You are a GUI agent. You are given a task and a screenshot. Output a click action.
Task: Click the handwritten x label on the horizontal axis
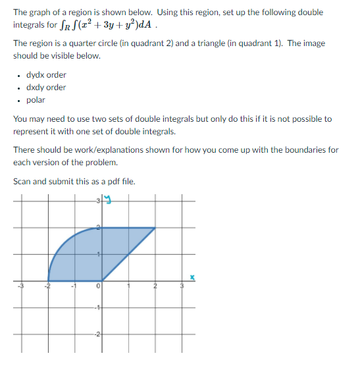point(193,278)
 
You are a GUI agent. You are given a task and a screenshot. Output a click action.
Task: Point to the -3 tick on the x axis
point(20,286)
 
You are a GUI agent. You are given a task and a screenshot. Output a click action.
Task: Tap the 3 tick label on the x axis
point(183,286)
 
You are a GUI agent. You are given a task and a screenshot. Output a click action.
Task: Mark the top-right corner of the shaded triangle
point(156,228)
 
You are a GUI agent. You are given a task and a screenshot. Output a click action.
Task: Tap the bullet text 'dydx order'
point(46,75)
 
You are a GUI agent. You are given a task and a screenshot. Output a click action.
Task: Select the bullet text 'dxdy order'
point(46,88)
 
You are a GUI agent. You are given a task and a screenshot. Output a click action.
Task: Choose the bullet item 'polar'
point(36,100)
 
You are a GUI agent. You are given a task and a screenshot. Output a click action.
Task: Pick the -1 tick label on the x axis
point(74,286)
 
